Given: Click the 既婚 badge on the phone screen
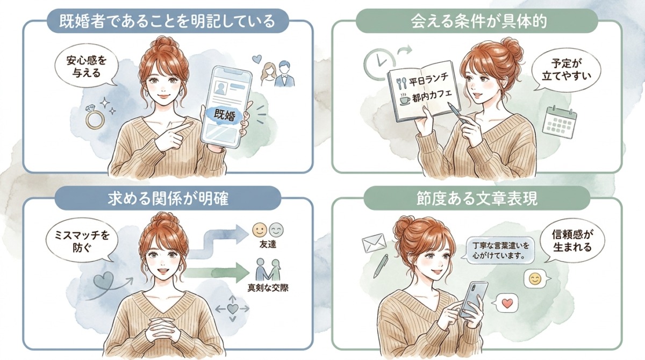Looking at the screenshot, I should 225,114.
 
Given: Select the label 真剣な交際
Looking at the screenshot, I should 267,288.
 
